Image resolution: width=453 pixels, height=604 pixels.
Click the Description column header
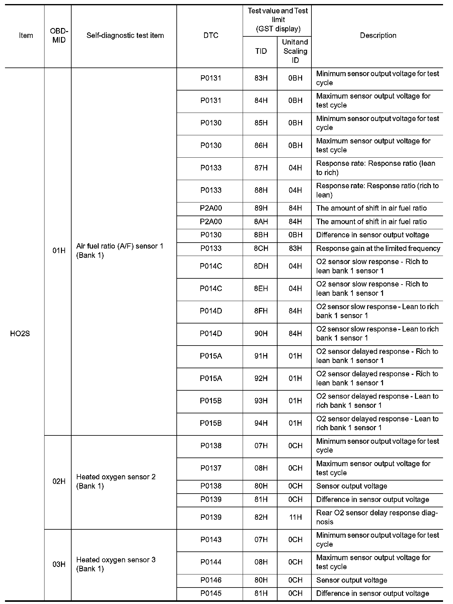378,35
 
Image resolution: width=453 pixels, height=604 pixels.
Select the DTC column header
211,35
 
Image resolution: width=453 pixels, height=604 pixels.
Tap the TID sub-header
261,51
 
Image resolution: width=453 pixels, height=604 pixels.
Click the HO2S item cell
20,334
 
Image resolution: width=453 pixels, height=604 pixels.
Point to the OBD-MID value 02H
59,481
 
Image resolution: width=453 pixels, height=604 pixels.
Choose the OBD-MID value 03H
59,564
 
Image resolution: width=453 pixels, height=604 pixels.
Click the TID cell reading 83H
261,78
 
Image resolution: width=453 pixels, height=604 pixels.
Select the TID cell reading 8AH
261,222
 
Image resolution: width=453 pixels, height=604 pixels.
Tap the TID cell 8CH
261,249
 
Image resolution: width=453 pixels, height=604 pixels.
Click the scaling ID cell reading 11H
295,517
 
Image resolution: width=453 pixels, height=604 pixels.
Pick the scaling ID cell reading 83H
295,249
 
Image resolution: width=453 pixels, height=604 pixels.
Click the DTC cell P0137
211,468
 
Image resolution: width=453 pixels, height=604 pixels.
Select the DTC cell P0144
211,562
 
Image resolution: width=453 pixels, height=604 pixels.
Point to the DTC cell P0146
211,580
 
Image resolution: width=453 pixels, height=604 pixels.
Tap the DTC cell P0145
211,593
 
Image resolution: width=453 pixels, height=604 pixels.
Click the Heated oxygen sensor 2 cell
116,481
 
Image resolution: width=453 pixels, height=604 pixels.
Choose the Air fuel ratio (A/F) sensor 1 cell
120,251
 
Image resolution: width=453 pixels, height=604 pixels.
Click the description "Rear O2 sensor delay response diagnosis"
377,517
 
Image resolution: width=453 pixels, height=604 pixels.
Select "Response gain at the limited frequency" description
378,249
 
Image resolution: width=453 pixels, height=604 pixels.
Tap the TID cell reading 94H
261,423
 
